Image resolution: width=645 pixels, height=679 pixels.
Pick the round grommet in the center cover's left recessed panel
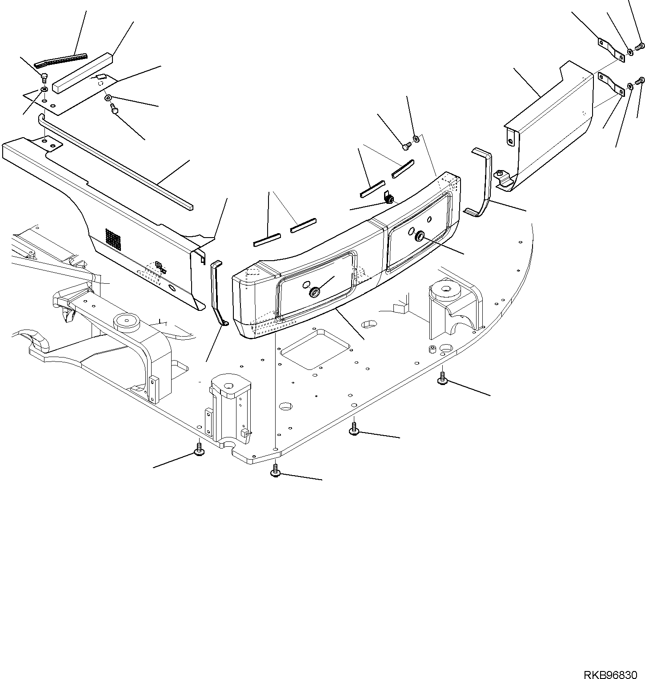tap(314, 292)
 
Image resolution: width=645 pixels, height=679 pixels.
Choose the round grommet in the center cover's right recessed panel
tap(420, 237)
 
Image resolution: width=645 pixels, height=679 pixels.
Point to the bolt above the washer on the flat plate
tap(44, 78)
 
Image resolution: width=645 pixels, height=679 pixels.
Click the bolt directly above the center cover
tap(406, 145)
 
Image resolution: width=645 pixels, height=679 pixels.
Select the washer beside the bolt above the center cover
tap(416, 139)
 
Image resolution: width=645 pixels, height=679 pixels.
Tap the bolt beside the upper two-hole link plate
tap(641, 46)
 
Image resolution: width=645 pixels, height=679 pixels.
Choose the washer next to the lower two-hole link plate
tap(630, 86)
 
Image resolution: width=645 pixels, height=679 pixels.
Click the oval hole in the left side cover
tap(172, 289)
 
